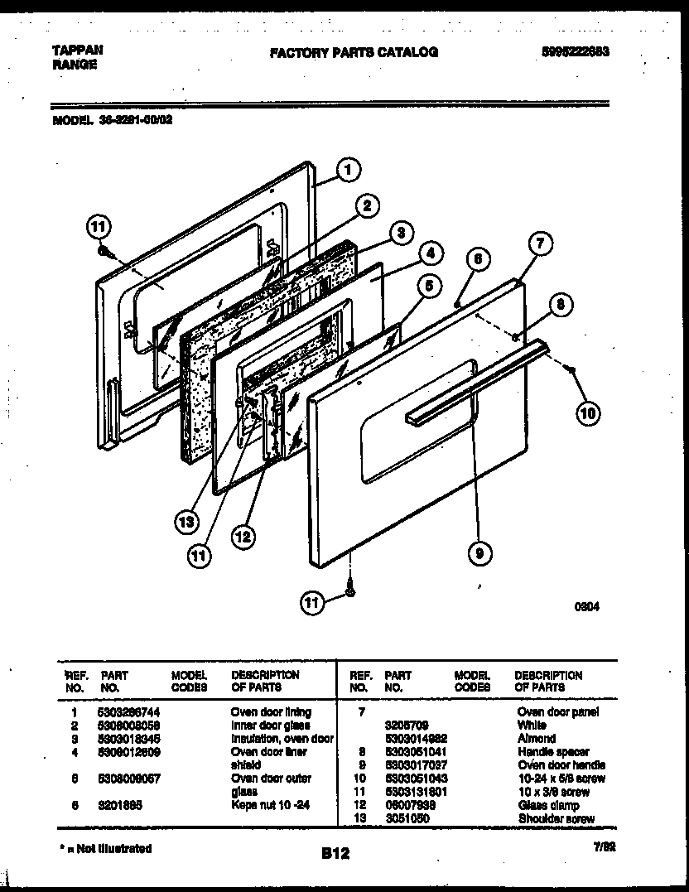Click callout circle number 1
coord(349,170)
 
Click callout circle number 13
coord(187,521)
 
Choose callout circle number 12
coord(242,538)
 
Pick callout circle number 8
coord(560,305)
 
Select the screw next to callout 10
coord(570,369)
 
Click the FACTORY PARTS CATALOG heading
coord(354,52)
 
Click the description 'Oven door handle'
coord(561,764)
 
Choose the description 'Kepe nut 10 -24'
coord(270,805)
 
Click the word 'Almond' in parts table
coord(537,738)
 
